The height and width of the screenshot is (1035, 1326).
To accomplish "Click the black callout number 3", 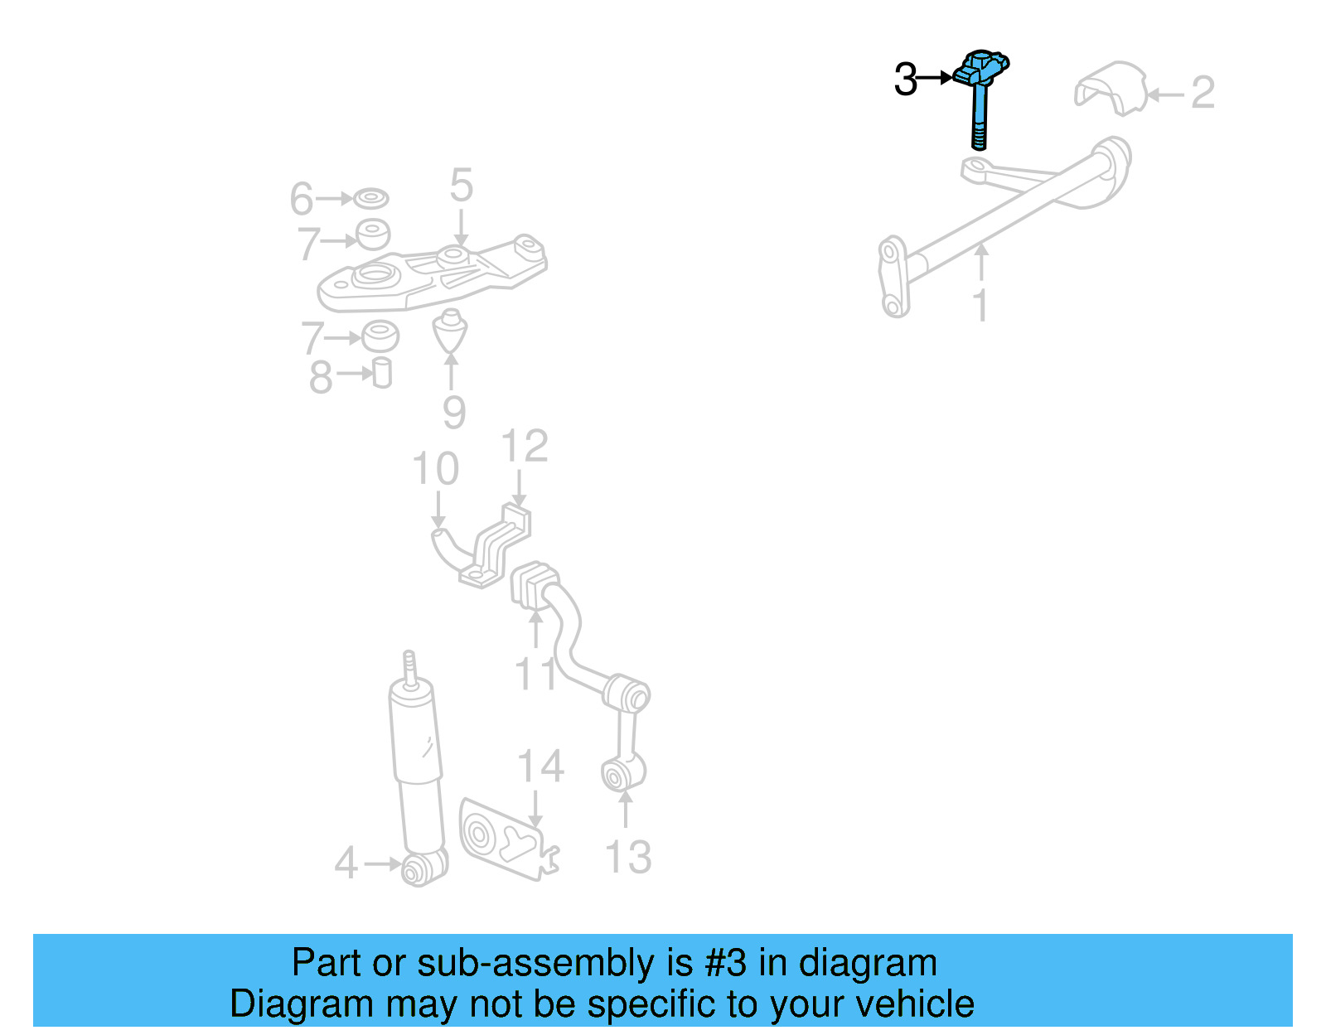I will pyautogui.click(x=906, y=80).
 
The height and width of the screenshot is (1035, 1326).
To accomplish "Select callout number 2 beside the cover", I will pyautogui.click(x=1203, y=93).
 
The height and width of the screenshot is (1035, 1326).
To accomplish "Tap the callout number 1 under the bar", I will pyautogui.click(x=981, y=306).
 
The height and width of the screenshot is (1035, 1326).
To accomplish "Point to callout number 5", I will pyautogui.click(x=462, y=186).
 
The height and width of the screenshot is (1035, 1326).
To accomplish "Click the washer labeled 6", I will pyautogui.click(x=370, y=199).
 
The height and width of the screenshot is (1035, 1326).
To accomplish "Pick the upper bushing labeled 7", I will pyautogui.click(x=373, y=235).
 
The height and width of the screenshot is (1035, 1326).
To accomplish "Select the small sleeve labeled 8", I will pyautogui.click(x=382, y=373).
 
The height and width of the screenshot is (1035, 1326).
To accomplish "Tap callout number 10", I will pyautogui.click(x=435, y=470).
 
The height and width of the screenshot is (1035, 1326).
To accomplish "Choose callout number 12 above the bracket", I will pyautogui.click(x=525, y=447).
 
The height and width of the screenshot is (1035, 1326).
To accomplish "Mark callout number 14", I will pyautogui.click(x=540, y=767).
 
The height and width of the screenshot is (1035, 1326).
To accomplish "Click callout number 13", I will pyautogui.click(x=627, y=858).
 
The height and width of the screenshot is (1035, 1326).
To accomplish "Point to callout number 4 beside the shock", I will pyautogui.click(x=346, y=863).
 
